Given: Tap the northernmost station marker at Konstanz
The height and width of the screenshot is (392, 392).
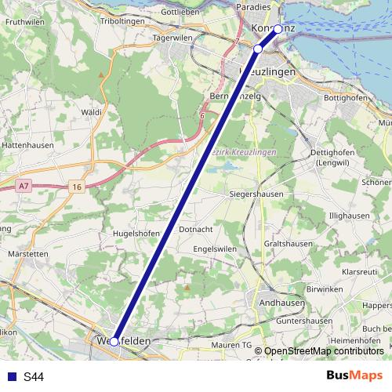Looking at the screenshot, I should (278, 29).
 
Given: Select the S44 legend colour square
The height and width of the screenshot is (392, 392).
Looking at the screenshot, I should (10, 377).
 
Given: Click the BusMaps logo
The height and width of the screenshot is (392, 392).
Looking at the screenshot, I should (354, 376).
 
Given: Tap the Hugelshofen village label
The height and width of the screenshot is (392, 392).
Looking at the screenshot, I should (137, 233).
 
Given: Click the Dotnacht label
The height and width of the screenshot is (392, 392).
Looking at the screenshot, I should (196, 230).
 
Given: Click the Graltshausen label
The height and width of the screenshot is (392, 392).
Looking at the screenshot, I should (288, 243).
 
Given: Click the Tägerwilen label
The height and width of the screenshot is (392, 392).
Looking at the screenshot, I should (173, 37).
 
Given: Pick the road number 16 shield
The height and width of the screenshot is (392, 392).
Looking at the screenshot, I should (75, 187).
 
